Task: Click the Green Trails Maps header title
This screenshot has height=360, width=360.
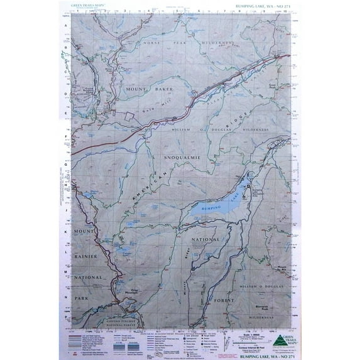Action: point(90,6)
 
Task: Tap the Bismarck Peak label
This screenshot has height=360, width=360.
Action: point(262,308)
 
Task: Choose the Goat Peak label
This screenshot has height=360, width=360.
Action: point(271,84)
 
